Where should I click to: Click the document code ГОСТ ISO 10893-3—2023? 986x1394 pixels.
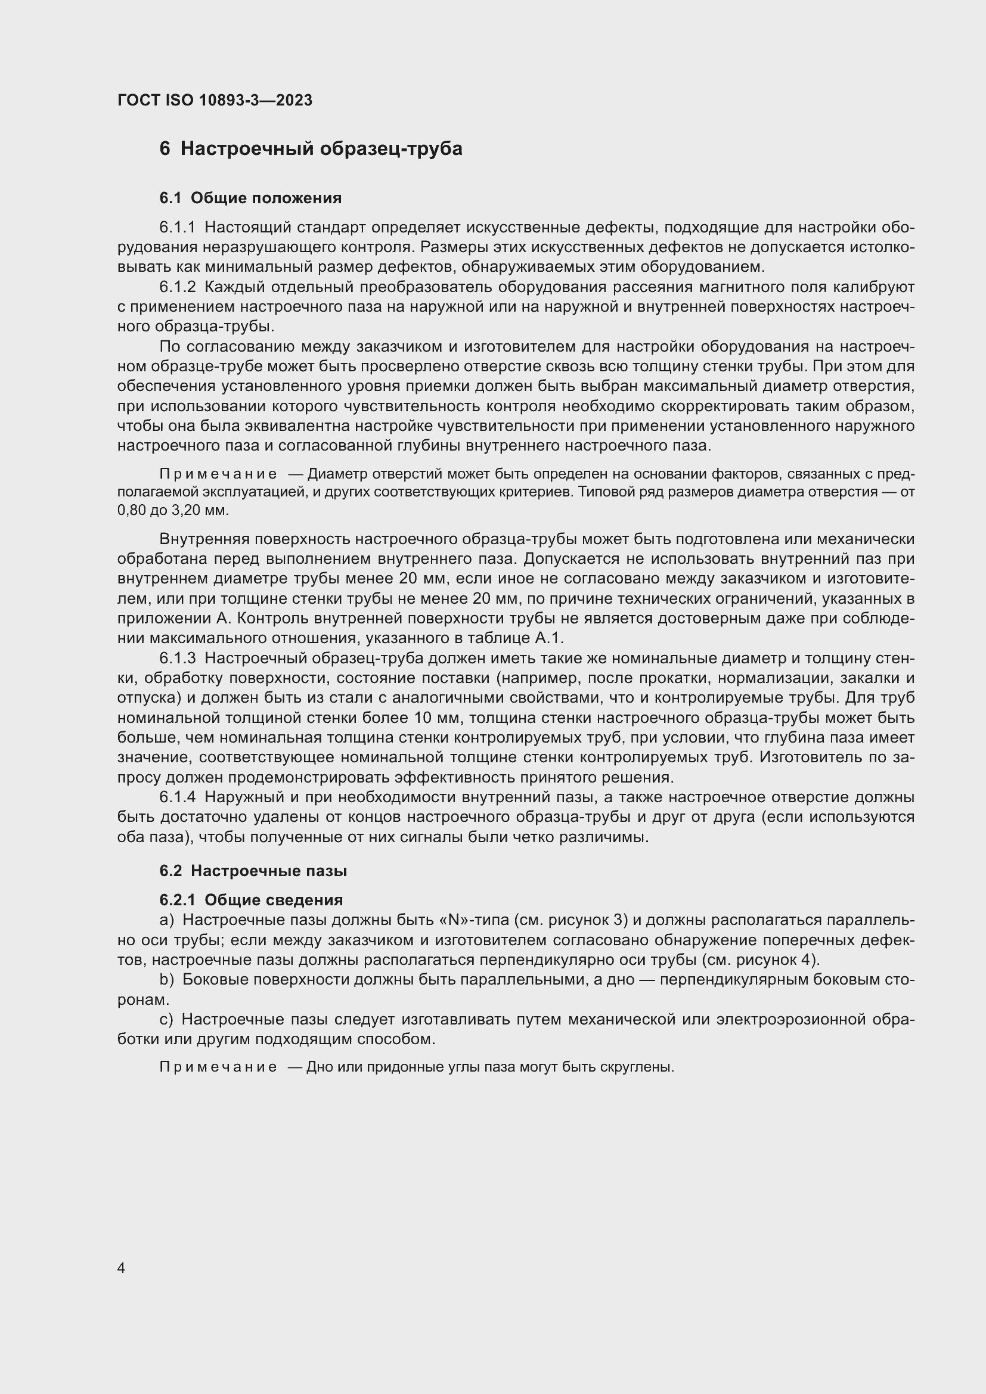[215, 100]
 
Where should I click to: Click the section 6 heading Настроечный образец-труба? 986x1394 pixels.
[310, 149]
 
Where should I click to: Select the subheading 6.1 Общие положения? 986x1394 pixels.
[250, 198]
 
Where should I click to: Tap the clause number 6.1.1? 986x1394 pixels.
[177, 228]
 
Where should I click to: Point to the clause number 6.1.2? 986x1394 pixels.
[177, 287]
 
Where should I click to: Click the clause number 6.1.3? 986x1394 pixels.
[177, 658]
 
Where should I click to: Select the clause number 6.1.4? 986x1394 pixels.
[177, 797]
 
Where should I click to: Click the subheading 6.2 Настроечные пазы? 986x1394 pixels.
[253, 871]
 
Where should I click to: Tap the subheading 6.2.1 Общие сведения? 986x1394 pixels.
[251, 900]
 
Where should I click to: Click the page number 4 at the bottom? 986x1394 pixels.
[122, 1268]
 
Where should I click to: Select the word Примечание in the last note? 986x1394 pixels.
[219, 1067]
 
